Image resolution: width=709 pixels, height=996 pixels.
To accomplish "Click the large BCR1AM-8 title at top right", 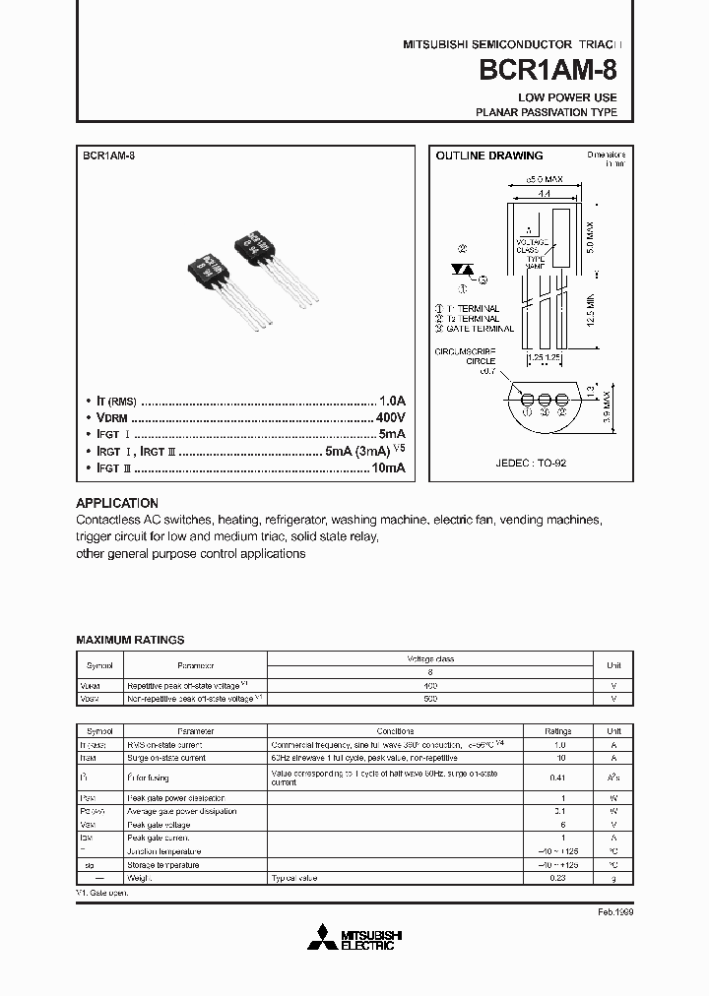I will (548, 71).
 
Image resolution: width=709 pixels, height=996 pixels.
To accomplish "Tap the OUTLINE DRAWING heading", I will (489, 156).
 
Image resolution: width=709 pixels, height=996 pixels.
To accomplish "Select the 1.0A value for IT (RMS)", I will (392, 401).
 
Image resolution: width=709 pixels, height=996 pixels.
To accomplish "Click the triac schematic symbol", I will (461, 268).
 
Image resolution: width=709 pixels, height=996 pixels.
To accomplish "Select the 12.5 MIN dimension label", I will (590, 312).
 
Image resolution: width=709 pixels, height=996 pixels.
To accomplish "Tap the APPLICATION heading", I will (116, 503).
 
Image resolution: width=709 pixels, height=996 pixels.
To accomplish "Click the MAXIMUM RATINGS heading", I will (130, 640).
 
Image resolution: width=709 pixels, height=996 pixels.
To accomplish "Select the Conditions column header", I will (402, 732).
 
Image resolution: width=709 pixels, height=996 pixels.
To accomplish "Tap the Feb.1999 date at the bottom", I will (614, 912).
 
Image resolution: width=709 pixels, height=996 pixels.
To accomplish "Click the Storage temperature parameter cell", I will (162, 864).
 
